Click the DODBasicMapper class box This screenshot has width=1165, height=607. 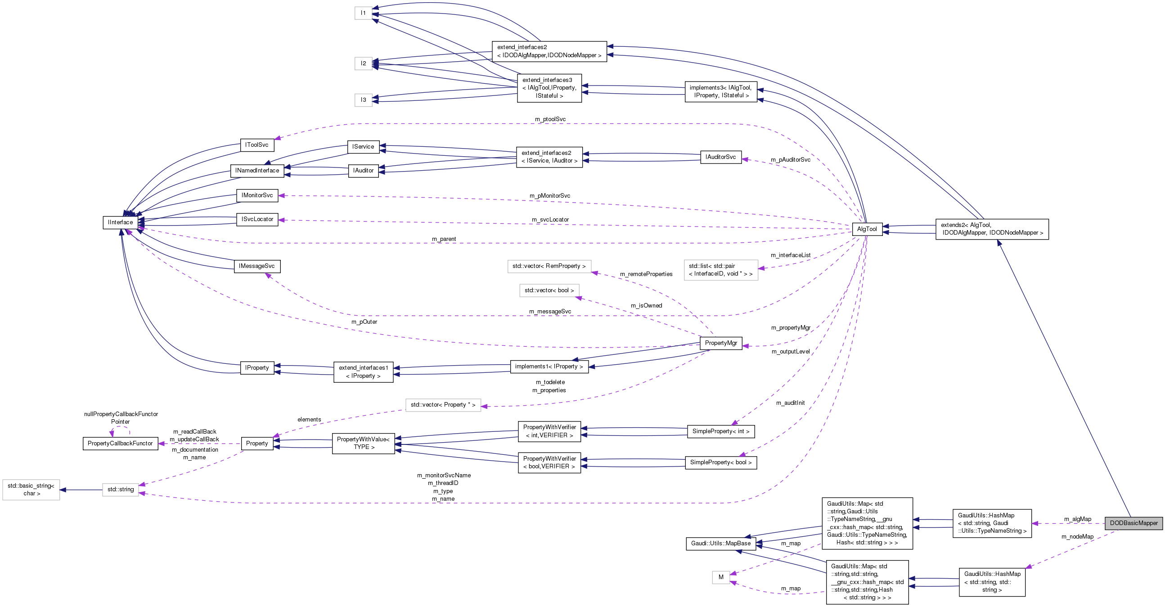(1134, 523)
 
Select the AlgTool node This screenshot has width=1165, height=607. (867, 229)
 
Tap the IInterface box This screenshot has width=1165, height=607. (120, 222)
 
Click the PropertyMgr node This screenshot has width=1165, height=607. (720, 343)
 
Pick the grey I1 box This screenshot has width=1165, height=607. (363, 13)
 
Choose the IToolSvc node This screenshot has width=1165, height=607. (256, 145)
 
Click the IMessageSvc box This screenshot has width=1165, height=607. (256, 266)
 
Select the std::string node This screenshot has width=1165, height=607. (120, 489)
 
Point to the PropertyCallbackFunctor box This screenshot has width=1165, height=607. (120, 443)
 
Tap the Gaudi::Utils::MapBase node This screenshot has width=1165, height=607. (720, 543)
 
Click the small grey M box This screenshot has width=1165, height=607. (720, 577)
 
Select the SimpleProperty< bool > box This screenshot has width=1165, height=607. (720, 462)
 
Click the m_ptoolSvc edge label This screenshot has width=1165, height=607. (550, 119)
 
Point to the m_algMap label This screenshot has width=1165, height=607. (1077, 519)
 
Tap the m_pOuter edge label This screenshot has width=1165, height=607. (364, 322)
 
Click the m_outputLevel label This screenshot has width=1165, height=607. (791, 352)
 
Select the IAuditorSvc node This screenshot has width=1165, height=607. (720, 157)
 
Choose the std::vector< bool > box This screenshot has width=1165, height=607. (549, 290)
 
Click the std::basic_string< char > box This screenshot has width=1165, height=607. (31, 489)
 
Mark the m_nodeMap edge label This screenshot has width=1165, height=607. (1077, 536)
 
